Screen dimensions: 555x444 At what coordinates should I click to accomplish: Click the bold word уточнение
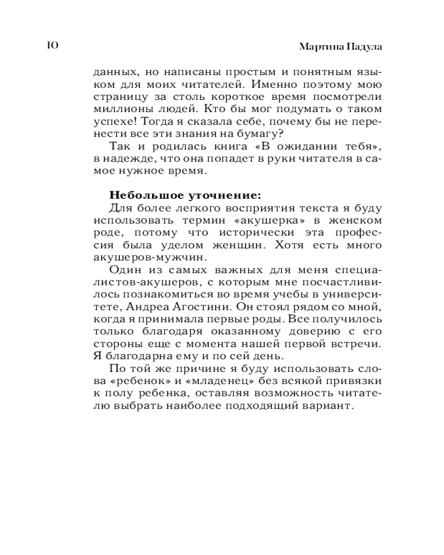pyautogui.click(x=220, y=195)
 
